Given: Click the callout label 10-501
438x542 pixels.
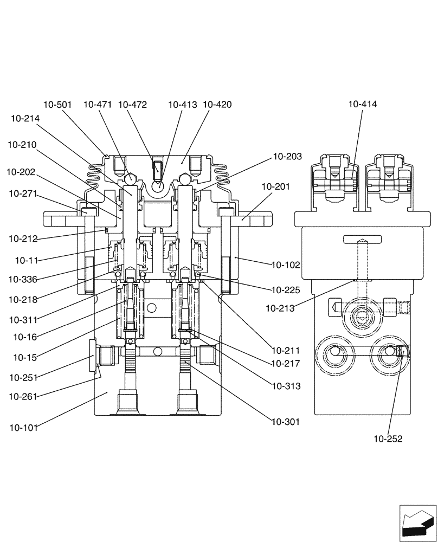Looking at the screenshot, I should (58, 105).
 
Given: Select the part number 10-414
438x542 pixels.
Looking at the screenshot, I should (363, 104).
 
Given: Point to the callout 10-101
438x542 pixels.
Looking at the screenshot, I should (23, 427).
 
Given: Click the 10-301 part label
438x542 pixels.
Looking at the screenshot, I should (286, 422).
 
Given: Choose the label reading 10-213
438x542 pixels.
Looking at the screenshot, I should (280, 308).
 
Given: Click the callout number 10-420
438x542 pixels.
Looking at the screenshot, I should (217, 105).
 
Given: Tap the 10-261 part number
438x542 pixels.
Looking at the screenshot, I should (23, 397).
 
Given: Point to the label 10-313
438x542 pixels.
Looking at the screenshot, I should (286, 386).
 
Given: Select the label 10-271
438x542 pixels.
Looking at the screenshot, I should (23, 193).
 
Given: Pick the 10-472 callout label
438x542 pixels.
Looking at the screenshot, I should (132, 105).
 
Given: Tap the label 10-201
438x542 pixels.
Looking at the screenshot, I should (275, 186).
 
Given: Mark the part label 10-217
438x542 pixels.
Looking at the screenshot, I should (286, 364).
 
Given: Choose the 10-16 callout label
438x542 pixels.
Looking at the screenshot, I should (25, 337).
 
